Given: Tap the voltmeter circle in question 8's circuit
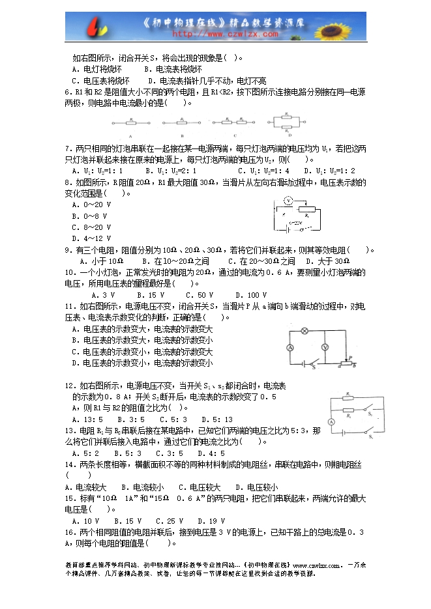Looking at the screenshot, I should coord(287,202).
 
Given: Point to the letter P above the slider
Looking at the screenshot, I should coord(350,358).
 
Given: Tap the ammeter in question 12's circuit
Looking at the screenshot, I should coord(331,422).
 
